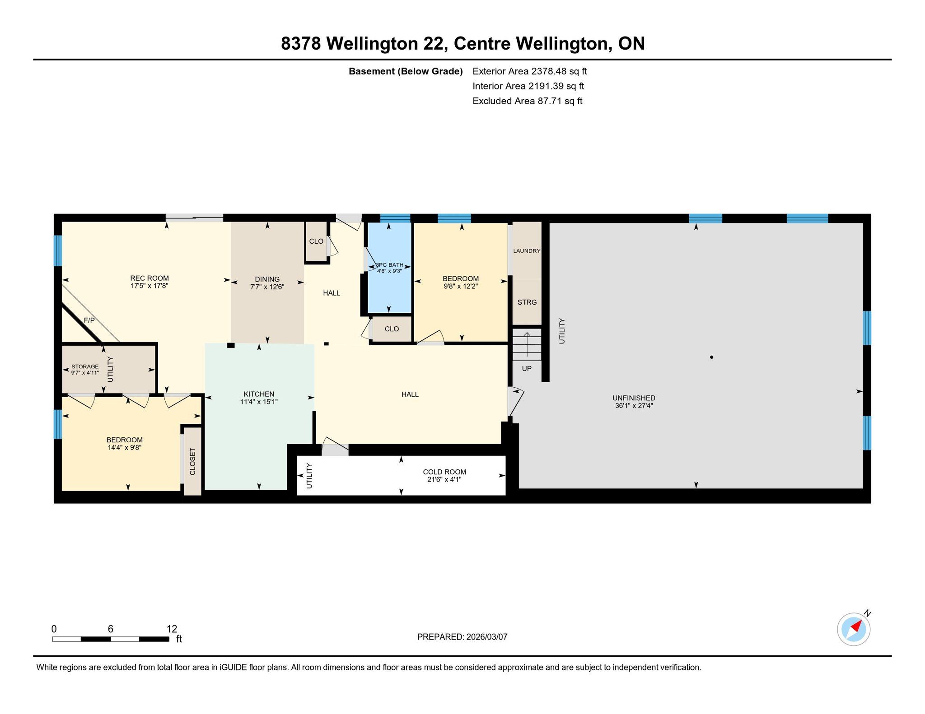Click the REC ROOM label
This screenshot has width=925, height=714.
coord(149,278)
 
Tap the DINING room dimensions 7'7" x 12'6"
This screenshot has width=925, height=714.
coord(267,287)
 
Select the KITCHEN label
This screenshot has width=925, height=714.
coord(259,394)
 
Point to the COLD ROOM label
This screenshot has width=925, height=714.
coord(444,472)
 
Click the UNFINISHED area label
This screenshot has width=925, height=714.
coord(634,398)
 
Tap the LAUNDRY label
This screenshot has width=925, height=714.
coord(527,251)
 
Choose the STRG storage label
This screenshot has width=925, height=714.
coord(527,302)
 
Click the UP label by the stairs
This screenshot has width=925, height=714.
coord(527,368)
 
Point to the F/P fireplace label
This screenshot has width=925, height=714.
coord(89,320)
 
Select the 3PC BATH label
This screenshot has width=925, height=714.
coord(390,265)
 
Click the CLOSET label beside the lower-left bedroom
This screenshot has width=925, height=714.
coord(193,461)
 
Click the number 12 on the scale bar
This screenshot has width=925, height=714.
coord(172,629)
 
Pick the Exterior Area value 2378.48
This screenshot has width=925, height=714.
coord(549,71)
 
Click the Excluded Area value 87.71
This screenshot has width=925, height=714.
coord(550,101)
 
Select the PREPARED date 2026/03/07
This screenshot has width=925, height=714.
coord(487,637)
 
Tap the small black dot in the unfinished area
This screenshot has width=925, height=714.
coord(711,357)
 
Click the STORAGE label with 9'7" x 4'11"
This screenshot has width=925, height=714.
coord(85,370)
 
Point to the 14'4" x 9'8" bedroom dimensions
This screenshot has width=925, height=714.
coord(125,448)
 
